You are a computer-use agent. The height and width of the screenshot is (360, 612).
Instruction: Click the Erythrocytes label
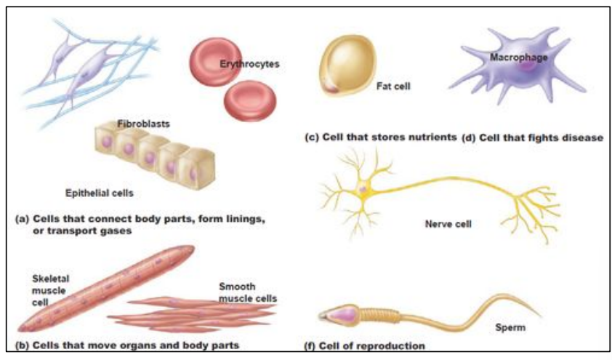[x=249, y=65]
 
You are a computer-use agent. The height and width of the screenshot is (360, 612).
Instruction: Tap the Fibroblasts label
[x=143, y=124]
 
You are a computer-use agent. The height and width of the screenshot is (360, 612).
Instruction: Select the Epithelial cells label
[x=99, y=193]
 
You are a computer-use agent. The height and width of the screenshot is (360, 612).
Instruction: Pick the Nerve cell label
[x=448, y=224]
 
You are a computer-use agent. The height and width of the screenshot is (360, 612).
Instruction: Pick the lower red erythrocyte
[x=250, y=100]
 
